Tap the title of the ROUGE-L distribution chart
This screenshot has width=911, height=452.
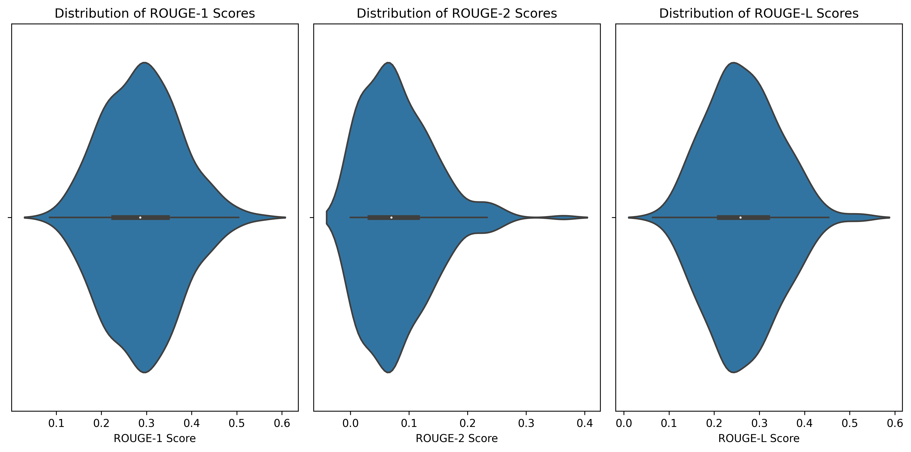pyautogui.click(x=759, y=14)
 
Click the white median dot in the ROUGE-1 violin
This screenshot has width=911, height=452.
pyautogui.click(x=140, y=217)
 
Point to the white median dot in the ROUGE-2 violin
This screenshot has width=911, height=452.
pyautogui.click(x=391, y=217)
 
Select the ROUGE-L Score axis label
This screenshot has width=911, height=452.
pyautogui.click(x=759, y=438)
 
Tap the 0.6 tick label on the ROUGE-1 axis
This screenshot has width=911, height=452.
pyautogui.click(x=282, y=423)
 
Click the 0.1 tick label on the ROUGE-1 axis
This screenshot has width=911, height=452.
pyautogui.click(x=56, y=423)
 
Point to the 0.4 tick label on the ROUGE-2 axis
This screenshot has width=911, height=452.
pyautogui.click(x=585, y=423)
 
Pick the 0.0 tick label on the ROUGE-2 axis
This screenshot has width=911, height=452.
pyautogui.click(x=350, y=423)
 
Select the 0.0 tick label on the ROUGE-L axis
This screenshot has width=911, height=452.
pyautogui.click(x=624, y=423)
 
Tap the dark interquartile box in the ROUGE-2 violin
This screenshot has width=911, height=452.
pyautogui.click(x=407, y=217)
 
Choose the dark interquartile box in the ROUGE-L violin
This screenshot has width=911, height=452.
pyautogui.click(x=757, y=217)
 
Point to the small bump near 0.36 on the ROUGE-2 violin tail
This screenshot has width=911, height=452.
pyautogui.click(x=564, y=217)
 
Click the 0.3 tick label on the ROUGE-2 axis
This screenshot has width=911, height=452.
pyautogui.click(x=526, y=423)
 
